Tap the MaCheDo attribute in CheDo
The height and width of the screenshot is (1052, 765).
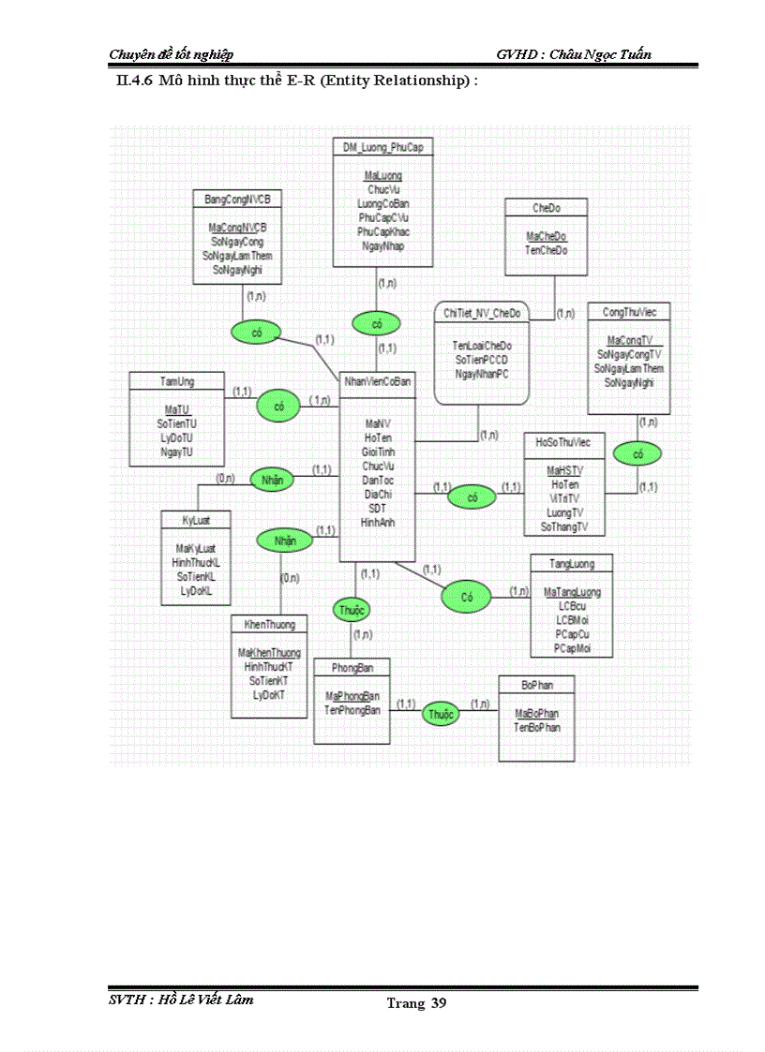point(546,236)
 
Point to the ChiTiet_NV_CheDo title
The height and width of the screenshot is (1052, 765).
point(483,312)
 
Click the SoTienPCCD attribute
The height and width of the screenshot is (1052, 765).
point(483,360)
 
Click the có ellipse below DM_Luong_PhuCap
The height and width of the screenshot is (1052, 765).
point(377,324)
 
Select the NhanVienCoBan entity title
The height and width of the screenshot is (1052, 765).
point(377,380)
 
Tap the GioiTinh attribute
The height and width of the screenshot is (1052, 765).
point(378,451)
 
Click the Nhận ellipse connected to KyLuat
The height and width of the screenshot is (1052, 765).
point(272,480)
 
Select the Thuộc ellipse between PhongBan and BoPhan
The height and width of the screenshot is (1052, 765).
point(442,714)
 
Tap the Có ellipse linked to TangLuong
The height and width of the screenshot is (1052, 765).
point(467,595)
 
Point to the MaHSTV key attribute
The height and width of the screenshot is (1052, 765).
point(565,470)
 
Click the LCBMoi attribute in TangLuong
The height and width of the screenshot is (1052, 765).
point(572,620)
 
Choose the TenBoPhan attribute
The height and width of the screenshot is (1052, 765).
point(537,727)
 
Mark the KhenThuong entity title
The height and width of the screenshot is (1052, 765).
point(269,624)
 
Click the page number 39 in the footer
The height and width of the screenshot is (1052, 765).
point(439,1004)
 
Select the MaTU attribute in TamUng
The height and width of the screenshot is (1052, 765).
point(176,410)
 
